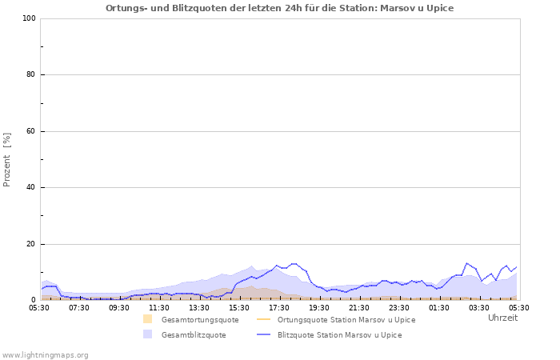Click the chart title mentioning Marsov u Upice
coord(279,8)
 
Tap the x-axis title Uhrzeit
coord(502,318)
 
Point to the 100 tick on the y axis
coord(28,18)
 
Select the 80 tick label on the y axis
coord(30,75)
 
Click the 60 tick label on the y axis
coord(30,131)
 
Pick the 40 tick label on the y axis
coord(30,188)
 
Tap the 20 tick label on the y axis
coord(30,244)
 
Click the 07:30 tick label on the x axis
coord(79,307)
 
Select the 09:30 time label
coord(119,307)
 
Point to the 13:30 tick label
coord(199,307)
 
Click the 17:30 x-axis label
coord(279,307)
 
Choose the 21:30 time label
coord(359,307)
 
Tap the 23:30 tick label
coord(399,307)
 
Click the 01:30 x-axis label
coord(439,307)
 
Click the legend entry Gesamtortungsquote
coord(199,320)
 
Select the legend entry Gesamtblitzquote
coord(193,335)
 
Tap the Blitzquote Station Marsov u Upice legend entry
coord(339,335)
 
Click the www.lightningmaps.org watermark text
coord(45,354)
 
